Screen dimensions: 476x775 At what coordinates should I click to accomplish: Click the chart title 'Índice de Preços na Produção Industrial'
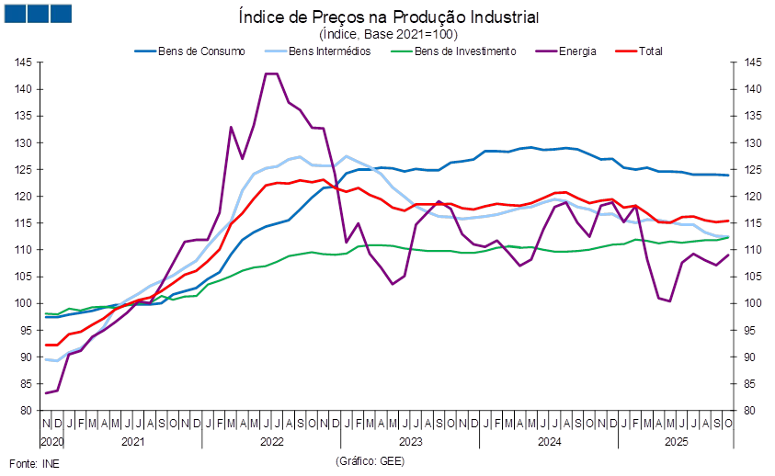point(388,17)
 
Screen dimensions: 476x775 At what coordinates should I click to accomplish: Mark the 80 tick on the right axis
point(752,410)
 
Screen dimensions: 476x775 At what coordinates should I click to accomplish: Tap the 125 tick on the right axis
point(752,170)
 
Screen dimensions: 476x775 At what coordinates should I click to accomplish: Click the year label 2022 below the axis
point(272,442)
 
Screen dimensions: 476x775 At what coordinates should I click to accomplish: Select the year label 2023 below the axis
point(410,442)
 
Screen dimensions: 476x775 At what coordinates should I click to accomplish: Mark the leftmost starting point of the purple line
point(46,393)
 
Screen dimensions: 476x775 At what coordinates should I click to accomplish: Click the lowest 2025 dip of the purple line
point(670,300)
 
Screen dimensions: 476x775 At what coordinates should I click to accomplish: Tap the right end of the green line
point(730,237)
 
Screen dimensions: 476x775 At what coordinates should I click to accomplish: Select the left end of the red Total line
point(46,345)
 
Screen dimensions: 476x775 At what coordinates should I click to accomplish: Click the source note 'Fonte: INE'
point(35,463)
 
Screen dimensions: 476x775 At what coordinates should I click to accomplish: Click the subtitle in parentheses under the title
point(388,33)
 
